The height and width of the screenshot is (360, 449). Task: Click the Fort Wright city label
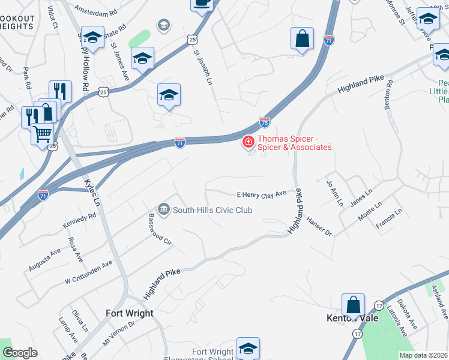click(x=130, y=313)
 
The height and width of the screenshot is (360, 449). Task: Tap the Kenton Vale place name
click(x=352, y=318)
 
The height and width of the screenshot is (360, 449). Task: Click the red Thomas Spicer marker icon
click(x=247, y=142)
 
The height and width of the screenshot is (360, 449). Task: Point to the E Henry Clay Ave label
click(x=262, y=194)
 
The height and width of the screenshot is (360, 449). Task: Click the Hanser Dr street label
click(x=319, y=226)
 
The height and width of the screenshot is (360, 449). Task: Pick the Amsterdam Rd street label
click(x=97, y=12)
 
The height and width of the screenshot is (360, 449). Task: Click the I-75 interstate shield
click(x=265, y=122)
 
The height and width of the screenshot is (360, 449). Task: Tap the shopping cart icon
click(x=41, y=133)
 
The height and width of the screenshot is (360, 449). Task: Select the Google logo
click(x=20, y=353)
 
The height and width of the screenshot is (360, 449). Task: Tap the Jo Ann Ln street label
click(x=333, y=193)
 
